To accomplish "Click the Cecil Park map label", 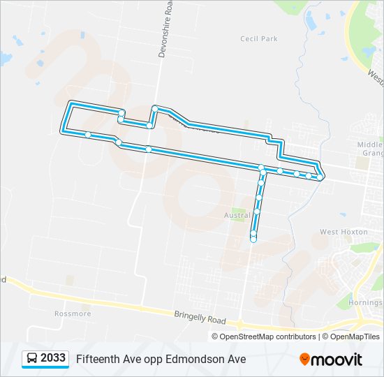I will pos(259,39).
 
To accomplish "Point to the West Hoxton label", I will pos(339,232).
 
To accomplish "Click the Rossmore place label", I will pos(73,313).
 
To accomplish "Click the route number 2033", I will pos(53,358).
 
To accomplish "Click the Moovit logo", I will pos(331,359).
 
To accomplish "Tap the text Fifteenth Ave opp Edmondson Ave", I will pos(161,359).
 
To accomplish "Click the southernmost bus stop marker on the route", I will pos(253,239).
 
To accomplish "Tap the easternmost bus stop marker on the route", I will pos(320,177).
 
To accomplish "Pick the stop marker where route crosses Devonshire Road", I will pos(149,149).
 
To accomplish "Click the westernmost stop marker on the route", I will pos(88,134).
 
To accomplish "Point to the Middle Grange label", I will pos(370,148).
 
